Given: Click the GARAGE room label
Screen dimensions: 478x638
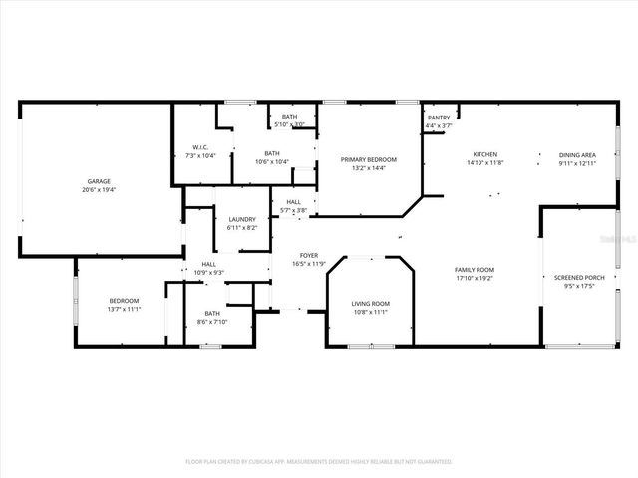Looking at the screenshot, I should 98,181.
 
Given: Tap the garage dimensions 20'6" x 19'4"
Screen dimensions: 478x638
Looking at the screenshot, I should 98,189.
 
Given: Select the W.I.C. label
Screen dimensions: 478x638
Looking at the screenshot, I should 202,148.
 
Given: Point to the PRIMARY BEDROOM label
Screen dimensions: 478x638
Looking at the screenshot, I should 368,160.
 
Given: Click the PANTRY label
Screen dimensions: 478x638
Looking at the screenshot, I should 439,118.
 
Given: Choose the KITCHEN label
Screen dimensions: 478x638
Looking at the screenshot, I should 485,154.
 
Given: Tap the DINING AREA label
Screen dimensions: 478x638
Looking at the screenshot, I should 577,154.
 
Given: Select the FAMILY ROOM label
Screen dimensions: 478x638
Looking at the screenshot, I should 475,271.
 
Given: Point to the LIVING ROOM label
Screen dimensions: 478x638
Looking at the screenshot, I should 370,304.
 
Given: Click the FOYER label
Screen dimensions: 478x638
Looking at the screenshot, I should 309,255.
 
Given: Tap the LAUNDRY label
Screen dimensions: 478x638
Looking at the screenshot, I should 243,219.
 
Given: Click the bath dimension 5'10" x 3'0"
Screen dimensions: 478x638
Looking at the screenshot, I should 289,124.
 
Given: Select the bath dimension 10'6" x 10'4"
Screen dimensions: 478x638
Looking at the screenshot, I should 271,161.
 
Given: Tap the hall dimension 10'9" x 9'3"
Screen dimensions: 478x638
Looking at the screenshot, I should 209,272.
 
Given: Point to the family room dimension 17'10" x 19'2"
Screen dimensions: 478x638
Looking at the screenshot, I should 475,279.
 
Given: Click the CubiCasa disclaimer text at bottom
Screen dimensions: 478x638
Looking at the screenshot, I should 319,462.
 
